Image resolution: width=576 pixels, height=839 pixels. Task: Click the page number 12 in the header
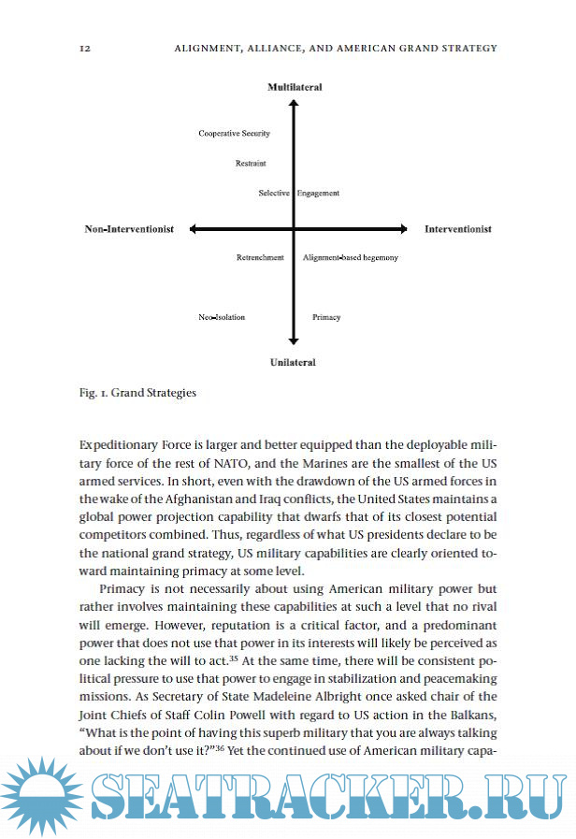coord(85,48)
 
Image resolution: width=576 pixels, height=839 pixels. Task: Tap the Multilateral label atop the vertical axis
coord(295,87)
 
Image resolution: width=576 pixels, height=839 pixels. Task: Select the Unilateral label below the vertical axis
coord(294,362)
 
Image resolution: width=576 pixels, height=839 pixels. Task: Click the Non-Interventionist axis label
coord(129,229)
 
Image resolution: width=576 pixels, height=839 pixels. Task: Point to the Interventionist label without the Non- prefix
coord(458,229)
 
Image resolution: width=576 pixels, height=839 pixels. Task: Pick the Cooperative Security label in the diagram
coord(234,134)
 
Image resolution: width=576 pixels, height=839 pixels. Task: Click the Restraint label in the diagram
coord(251,164)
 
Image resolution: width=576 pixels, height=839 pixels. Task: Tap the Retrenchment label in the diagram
coord(260,257)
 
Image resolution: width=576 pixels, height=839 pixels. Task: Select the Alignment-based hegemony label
coord(351,257)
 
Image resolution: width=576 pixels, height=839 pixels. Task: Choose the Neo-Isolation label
coord(222,317)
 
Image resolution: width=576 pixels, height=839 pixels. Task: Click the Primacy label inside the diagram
coord(326,317)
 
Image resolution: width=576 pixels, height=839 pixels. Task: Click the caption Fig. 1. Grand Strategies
coord(137,393)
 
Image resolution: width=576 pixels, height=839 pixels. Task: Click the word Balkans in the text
coord(469,713)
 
